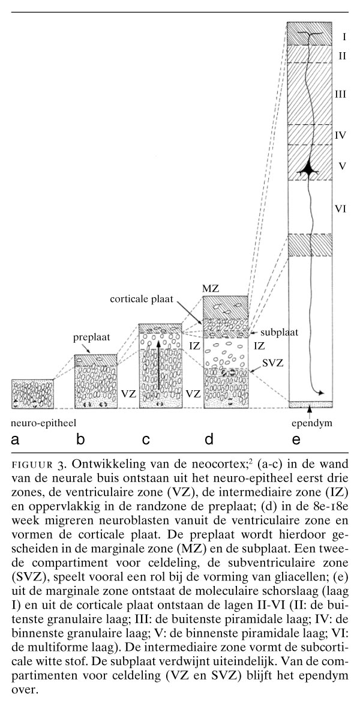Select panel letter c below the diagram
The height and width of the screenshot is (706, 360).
point(146,440)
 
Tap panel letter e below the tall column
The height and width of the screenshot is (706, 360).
point(295,440)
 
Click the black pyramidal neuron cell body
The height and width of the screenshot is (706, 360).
point(310,169)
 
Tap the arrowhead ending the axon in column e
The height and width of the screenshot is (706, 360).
point(323,393)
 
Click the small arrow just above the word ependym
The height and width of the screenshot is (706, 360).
point(310,411)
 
